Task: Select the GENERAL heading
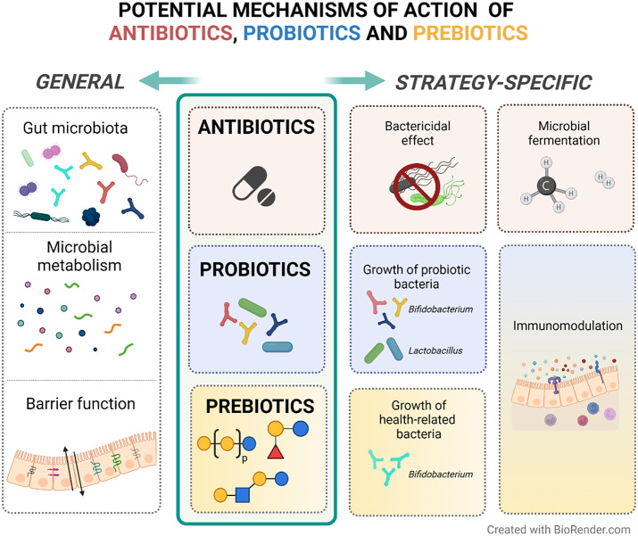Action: (79, 83)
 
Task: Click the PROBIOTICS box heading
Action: (255, 268)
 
